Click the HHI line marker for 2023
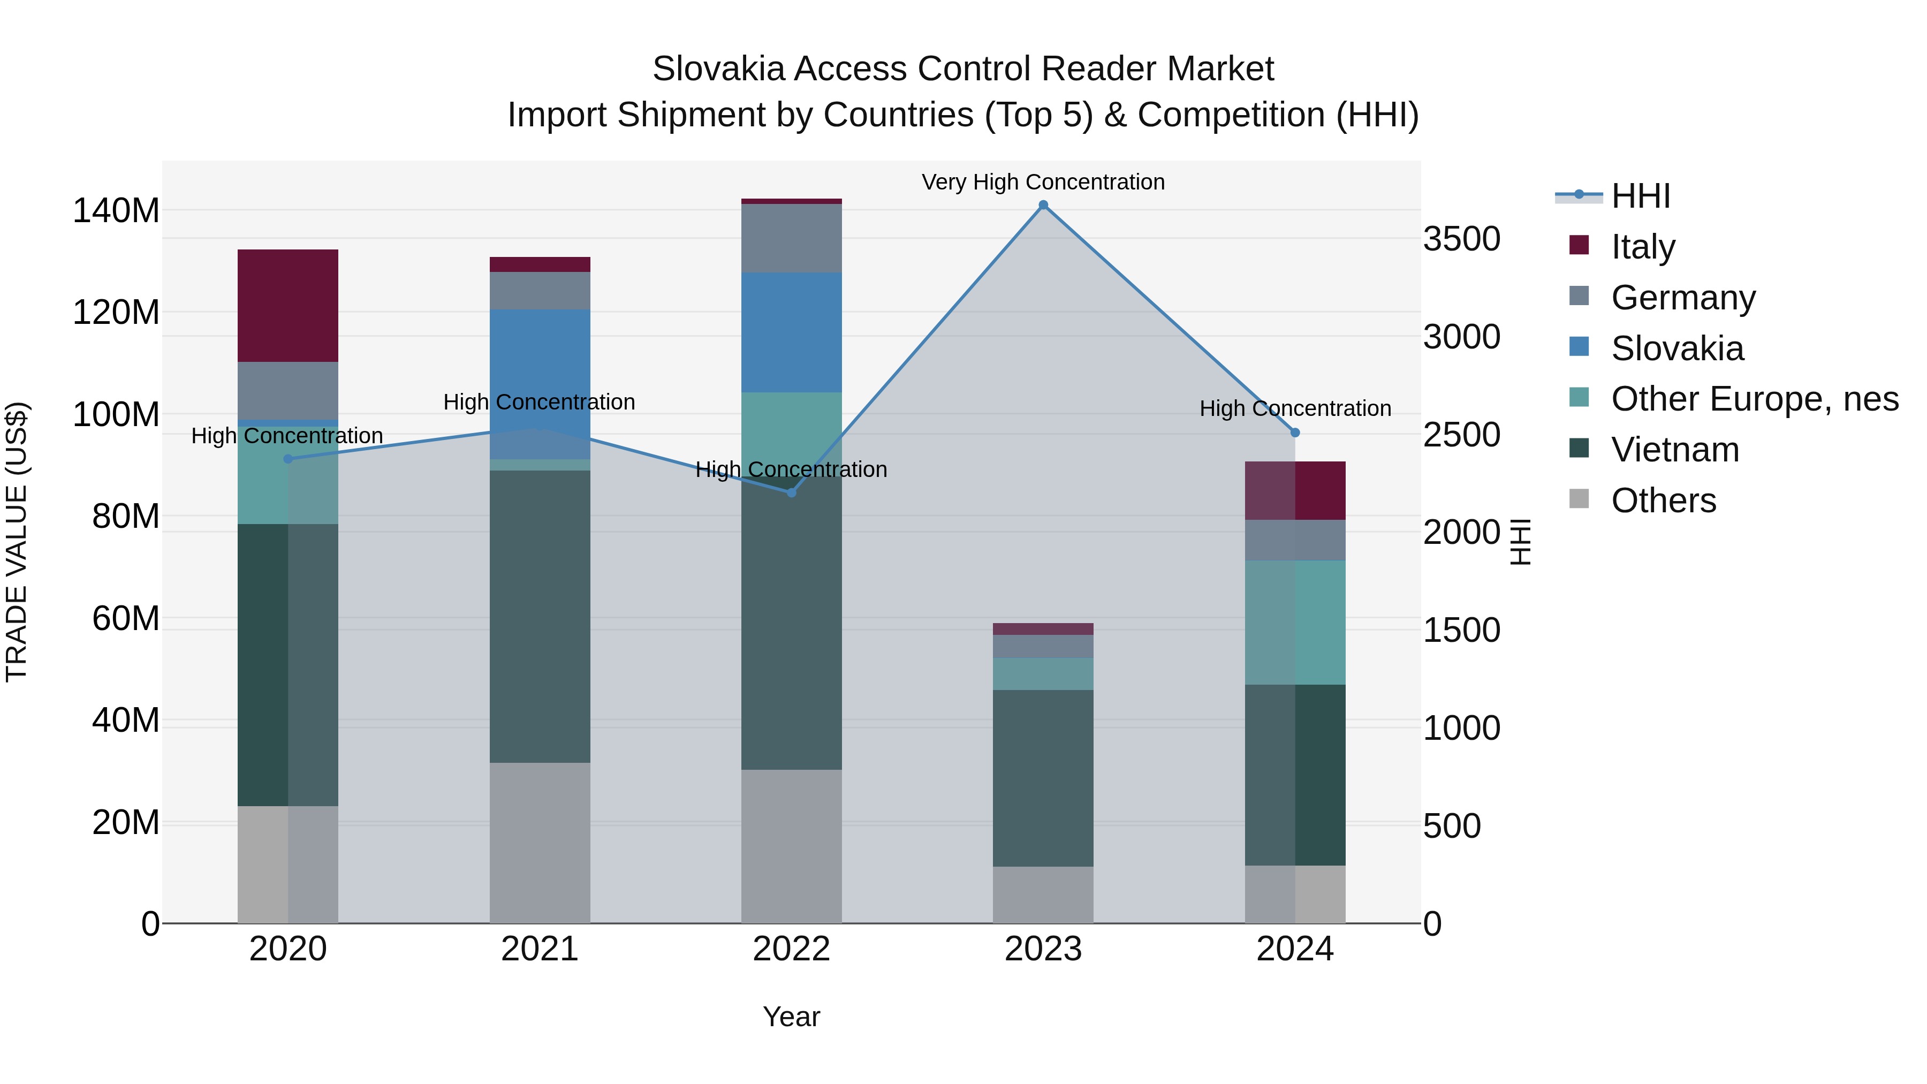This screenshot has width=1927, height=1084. [x=1043, y=205]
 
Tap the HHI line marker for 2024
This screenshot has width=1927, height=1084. [x=1295, y=433]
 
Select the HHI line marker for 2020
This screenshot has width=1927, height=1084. [x=288, y=459]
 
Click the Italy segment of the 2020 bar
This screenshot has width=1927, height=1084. [x=288, y=305]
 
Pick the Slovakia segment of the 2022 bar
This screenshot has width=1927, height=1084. [x=792, y=332]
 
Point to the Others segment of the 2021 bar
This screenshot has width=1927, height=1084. [x=540, y=843]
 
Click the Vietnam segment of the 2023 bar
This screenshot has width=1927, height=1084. [x=1043, y=778]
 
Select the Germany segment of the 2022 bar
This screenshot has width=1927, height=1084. [x=792, y=238]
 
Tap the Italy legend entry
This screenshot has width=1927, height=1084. [x=1643, y=246]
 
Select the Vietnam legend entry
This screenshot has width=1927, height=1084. [x=1674, y=450]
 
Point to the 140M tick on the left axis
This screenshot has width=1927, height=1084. [x=116, y=210]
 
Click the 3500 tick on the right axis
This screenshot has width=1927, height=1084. [x=1461, y=239]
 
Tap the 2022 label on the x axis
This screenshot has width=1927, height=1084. [x=792, y=949]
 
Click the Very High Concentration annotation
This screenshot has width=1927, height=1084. [x=1043, y=182]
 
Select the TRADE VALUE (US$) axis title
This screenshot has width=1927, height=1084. [x=17, y=542]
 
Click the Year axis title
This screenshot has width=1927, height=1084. [x=792, y=1017]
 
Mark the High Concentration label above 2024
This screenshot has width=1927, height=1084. [x=1295, y=408]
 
